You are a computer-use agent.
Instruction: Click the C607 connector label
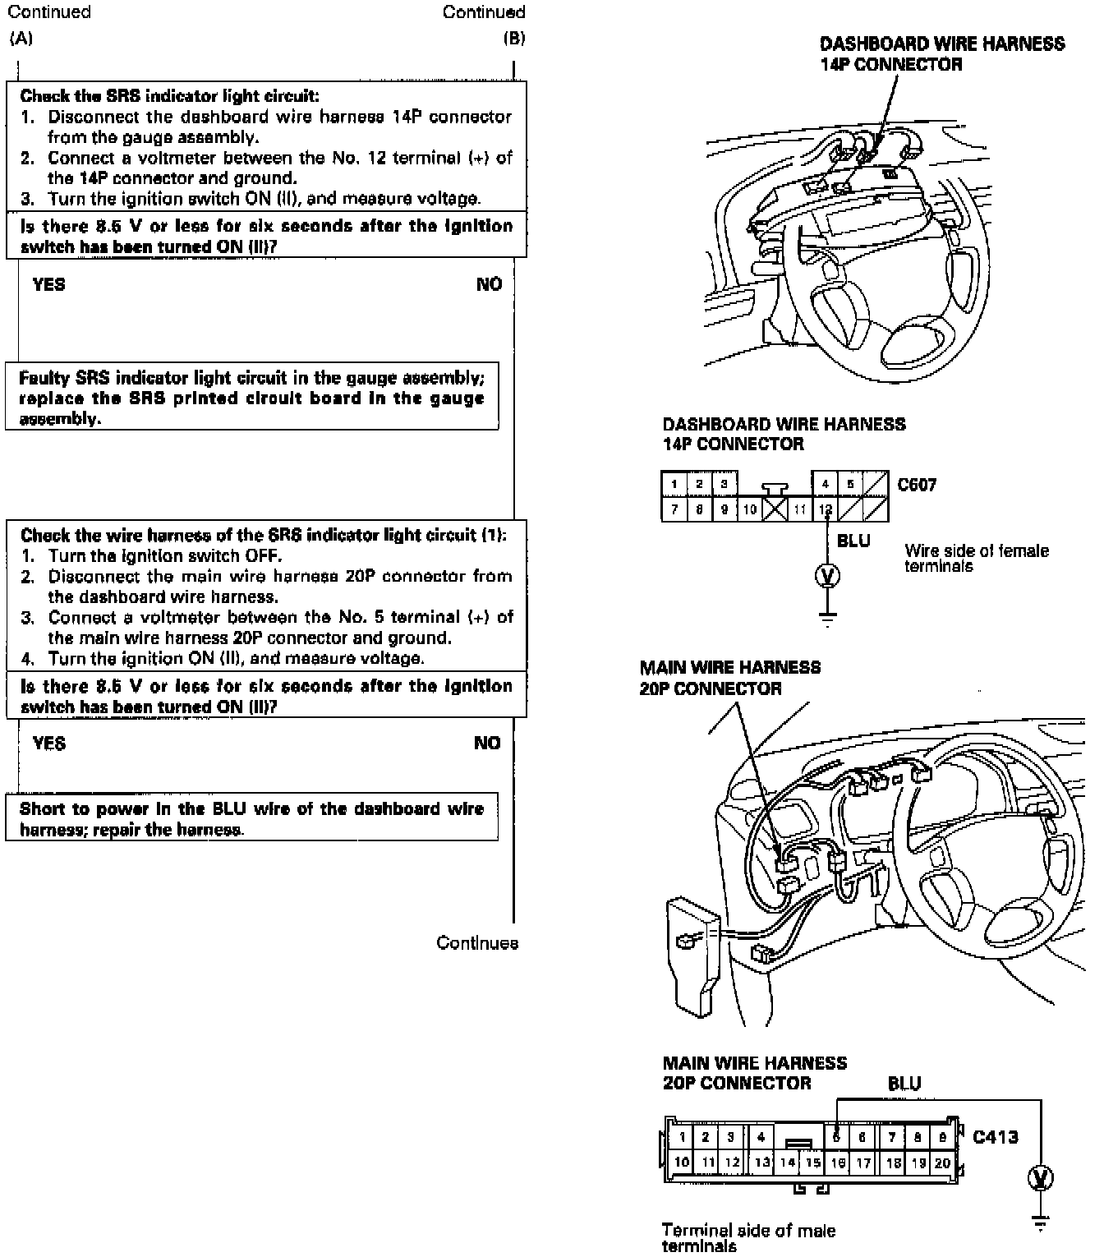(x=917, y=485)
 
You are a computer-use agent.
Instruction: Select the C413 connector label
(x=995, y=1137)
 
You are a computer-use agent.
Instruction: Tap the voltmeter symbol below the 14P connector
(x=827, y=575)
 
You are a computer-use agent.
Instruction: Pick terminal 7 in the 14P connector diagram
(x=674, y=510)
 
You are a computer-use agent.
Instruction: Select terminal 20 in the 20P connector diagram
(x=942, y=1163)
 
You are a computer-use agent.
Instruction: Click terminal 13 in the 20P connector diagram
(x=762, y=1163)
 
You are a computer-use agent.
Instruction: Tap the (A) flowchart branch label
(x=21, y=38)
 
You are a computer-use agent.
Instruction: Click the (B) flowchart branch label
(x=513, y=38)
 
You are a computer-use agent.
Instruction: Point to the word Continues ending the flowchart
(x=477, y=943)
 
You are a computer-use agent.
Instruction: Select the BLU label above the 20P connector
(x=904, y=1084)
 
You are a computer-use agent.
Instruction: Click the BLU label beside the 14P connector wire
(x=853, y=541)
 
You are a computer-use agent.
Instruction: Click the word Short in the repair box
(x=42, y=808)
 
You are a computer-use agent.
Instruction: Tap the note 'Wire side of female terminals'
(x=976, y=558)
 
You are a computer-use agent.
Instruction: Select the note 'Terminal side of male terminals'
(x=747, y=1238)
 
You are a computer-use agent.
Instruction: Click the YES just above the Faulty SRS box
(x=48, y=284)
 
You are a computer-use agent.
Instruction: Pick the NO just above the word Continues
(x=487, y=743)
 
